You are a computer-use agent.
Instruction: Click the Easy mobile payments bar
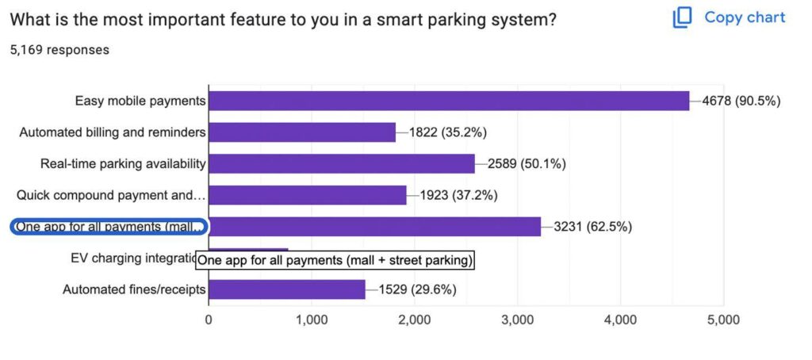449,101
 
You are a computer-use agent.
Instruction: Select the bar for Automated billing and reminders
302,132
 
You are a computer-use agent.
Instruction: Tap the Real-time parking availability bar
341,163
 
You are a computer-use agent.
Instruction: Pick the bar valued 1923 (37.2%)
308,195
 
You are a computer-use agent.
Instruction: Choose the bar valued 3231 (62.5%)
374,227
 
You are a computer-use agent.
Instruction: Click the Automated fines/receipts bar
286,289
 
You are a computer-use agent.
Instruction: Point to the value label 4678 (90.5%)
741,101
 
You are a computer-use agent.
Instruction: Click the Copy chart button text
745,17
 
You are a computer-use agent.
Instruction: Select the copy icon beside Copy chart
682,17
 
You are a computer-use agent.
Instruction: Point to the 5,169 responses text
59,50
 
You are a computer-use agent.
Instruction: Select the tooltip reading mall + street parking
334,260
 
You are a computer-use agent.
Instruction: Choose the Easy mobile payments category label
140,101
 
